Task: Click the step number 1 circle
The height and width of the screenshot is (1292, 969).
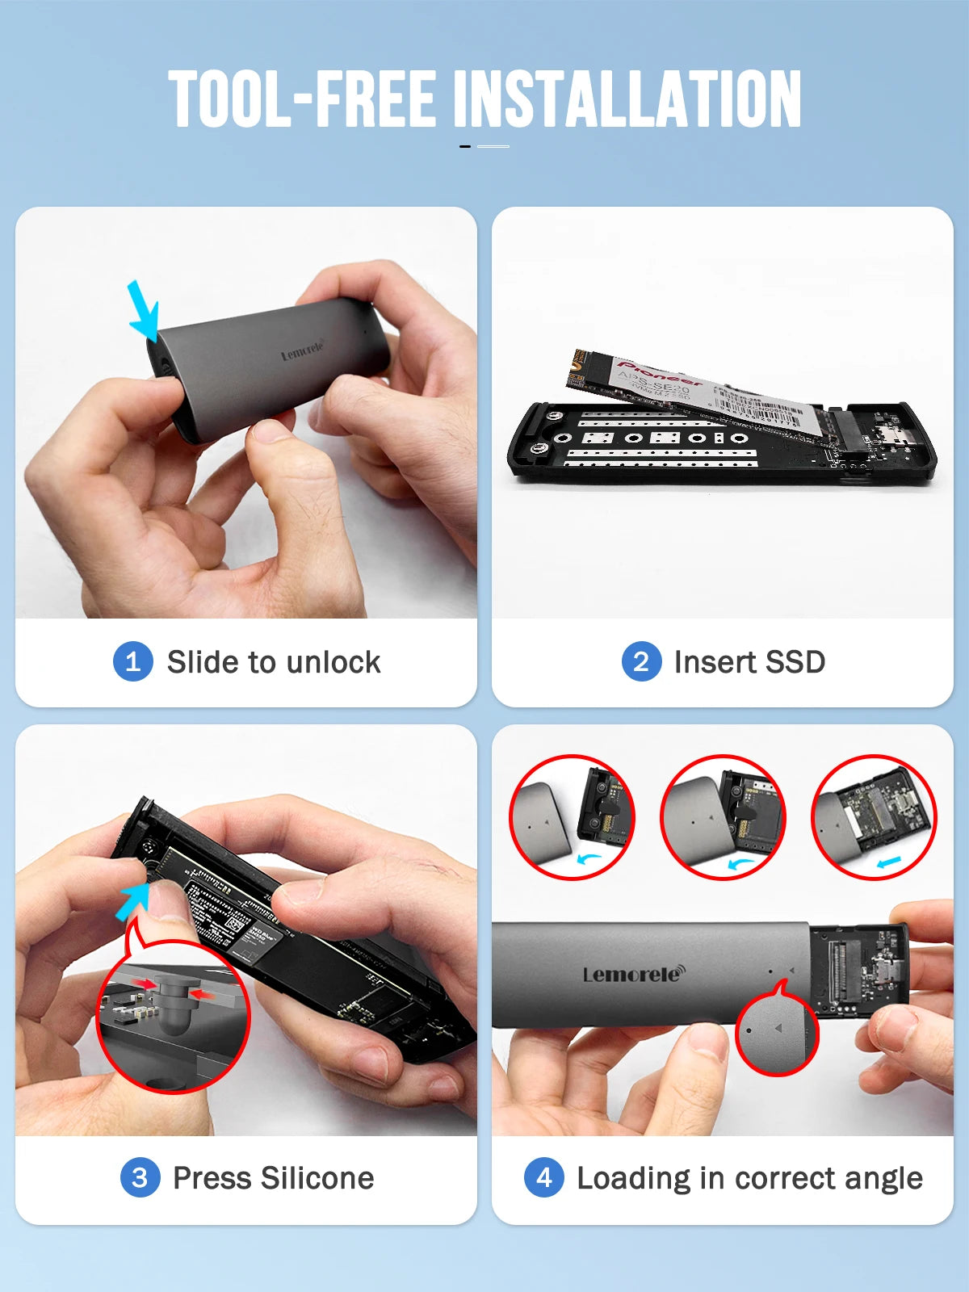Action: click(x=133, y=662)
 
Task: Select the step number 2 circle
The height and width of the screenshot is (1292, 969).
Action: click(x=641, y=662)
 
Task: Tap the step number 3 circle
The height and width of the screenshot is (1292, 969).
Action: click(x=140, y=1178)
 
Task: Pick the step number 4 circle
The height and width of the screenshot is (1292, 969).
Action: click(x=544, y=1178)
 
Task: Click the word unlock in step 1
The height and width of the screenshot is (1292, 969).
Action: click(x=333, y=662)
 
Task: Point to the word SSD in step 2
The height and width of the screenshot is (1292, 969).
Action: click(x=795, y=662)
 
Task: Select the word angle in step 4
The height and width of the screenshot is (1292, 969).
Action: click(x=883, y=1179)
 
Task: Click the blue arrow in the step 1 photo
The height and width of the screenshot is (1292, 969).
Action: click(x=144, y=312)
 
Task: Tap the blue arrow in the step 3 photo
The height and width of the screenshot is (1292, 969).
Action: click(x=132, y=900)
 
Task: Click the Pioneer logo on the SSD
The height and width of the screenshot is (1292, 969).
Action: click(x=659, y=372)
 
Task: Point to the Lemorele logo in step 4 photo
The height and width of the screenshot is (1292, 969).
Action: click(x=632, y=974)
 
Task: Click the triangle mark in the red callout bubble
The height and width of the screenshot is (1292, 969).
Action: click(x=778, y=1028)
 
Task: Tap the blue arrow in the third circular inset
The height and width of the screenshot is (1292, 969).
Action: click(x=888, y=863)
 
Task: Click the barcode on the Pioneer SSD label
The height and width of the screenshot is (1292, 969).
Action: click(x=759, y=404)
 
